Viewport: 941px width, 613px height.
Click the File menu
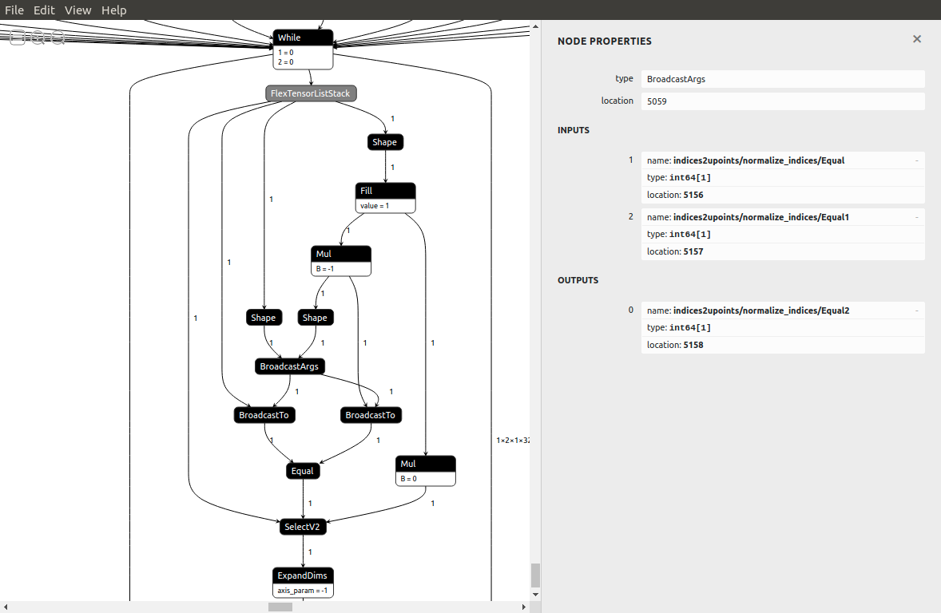tap(14, 10)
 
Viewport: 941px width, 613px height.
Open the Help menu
tap(113, 10)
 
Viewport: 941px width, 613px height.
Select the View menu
tap(77, 10)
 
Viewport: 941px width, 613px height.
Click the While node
tap(302, 38)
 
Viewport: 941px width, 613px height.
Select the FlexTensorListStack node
tap(311, 93)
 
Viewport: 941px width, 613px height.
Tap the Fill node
tap(385, 191)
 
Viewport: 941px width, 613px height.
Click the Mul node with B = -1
tap(341, 254)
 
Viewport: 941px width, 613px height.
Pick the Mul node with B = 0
tap(426, 464)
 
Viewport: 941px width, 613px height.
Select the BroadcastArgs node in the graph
tap(289, 366)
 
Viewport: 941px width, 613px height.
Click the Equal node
tap(303, 471)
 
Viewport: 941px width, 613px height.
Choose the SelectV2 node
tap(303, 527)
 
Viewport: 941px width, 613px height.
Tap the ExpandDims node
tap(302, 575)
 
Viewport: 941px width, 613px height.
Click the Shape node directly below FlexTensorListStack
tap(384, 142)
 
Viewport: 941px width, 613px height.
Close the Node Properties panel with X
tap(917, 39)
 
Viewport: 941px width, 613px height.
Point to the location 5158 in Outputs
tap(693, 345)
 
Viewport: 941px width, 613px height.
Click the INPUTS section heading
tap(574, 130)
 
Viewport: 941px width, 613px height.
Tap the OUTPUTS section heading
tap(578, 280)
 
